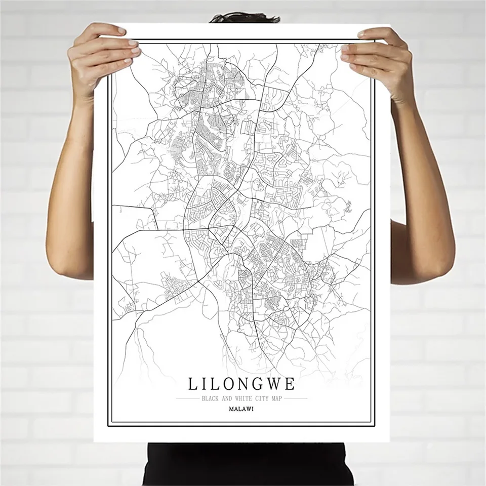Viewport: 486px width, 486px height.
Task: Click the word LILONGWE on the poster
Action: point(241,384)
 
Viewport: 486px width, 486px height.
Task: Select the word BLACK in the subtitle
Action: point(210,398)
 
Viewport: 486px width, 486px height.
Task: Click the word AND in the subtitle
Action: point(227,398)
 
